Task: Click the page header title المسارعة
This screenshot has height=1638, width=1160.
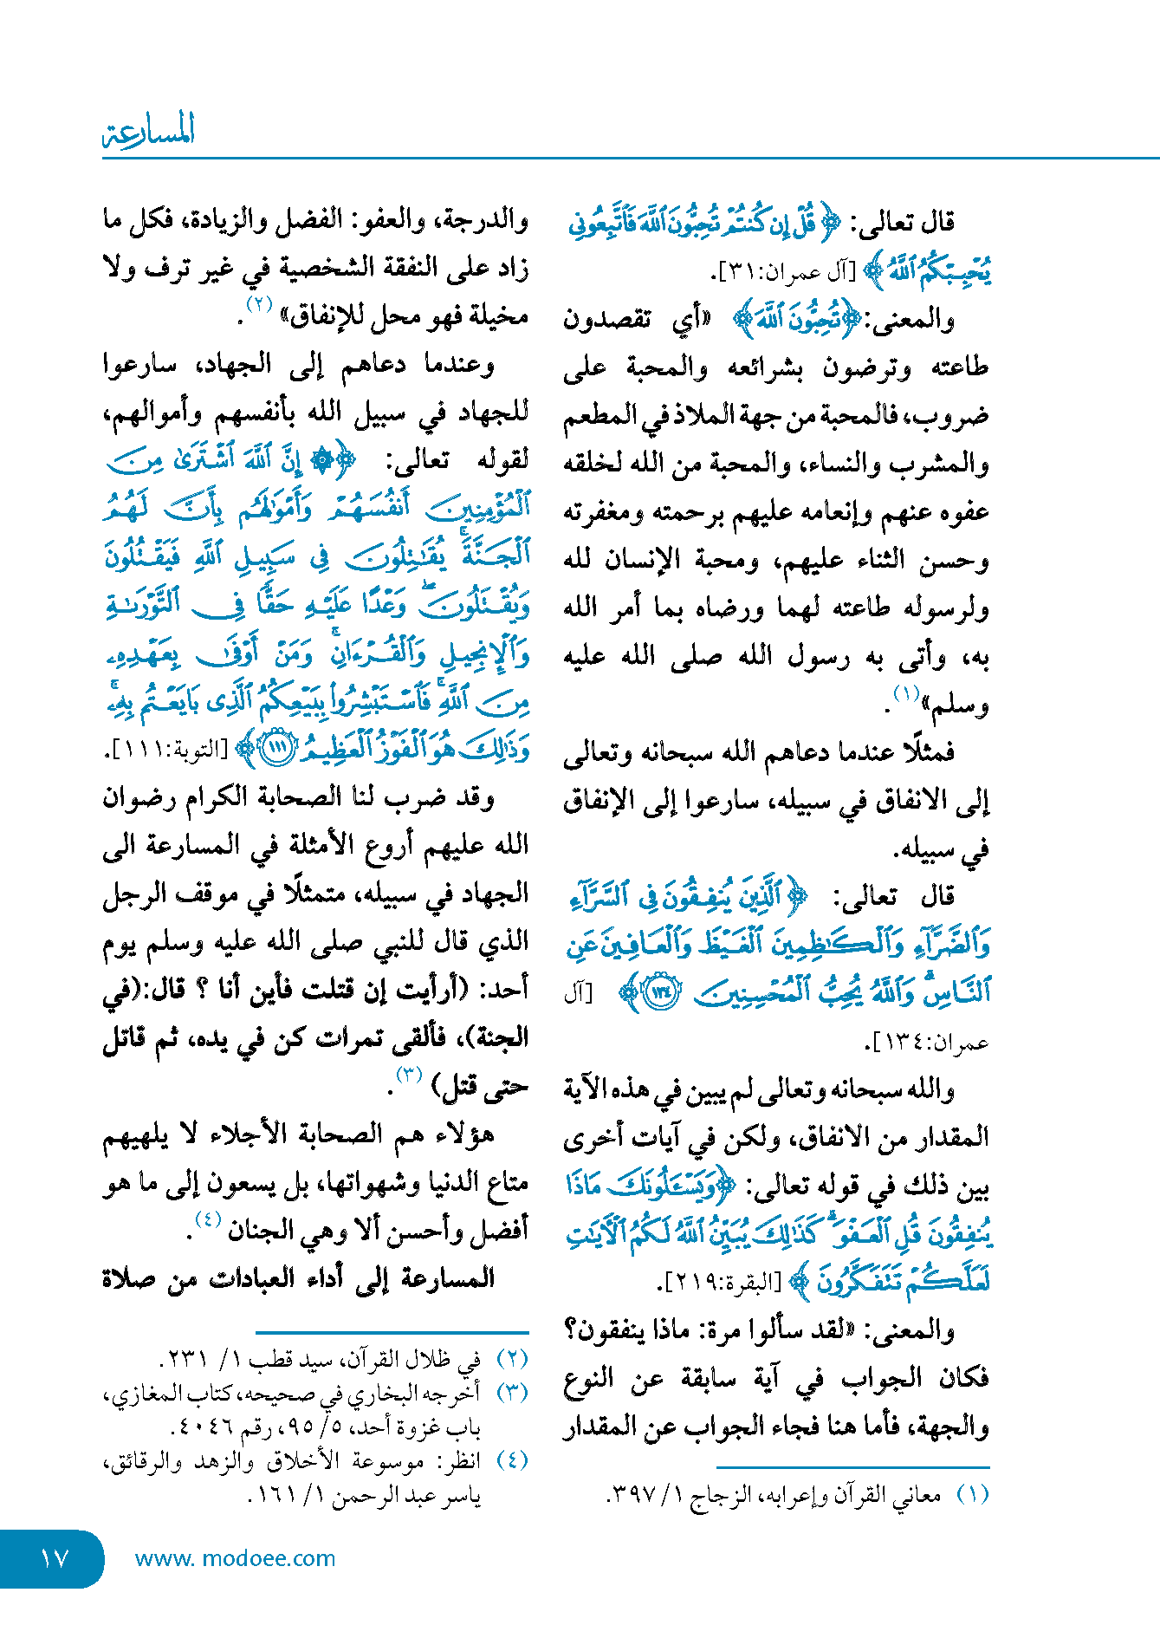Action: pos(148,131)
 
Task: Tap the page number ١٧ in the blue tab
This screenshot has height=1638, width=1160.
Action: pos(54,1558)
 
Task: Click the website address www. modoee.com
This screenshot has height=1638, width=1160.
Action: pos(235,1558)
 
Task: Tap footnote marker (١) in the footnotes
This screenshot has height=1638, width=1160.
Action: pos(972,1494)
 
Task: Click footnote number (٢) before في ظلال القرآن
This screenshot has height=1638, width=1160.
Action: pos(513,1359)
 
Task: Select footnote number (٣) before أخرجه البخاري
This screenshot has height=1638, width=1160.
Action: pos(513,1393)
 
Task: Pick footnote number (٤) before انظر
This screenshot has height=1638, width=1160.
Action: pos(513,1460)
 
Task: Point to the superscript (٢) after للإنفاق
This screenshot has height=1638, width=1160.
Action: pos(259,304)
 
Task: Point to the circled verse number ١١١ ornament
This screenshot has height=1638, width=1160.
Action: pos(277,748)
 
